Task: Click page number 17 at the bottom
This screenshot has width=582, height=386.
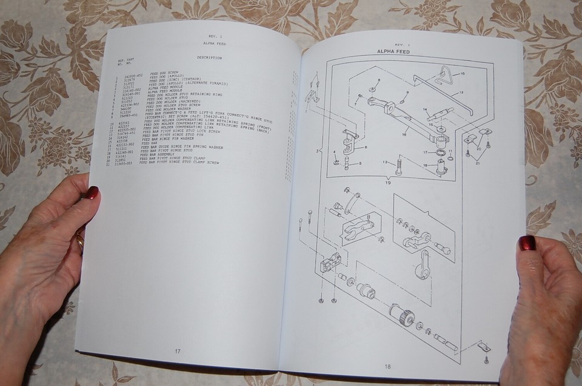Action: [x=178, y=351]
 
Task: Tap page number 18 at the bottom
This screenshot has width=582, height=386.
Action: [x=387, y=365]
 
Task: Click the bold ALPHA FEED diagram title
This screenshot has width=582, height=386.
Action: [x=395, y=53]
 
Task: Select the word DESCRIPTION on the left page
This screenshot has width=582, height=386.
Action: [x=209, y=58]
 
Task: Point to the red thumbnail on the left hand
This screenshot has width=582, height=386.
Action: [x=92, y=192]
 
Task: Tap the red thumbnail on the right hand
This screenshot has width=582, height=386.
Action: [x=526, y=243]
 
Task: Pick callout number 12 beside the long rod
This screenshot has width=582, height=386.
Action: [x=461, y=93]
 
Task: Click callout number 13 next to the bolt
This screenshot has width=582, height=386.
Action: [x=385, y=162]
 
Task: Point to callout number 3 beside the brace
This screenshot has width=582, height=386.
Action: [x=318, y=149]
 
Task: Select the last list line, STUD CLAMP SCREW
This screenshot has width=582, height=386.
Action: [x=179, y=163]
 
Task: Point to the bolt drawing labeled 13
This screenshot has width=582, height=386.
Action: [x=398, y=164]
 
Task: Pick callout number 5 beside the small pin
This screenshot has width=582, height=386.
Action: [x=360, y=163]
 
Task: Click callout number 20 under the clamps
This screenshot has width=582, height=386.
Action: [x=479, y=148]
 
